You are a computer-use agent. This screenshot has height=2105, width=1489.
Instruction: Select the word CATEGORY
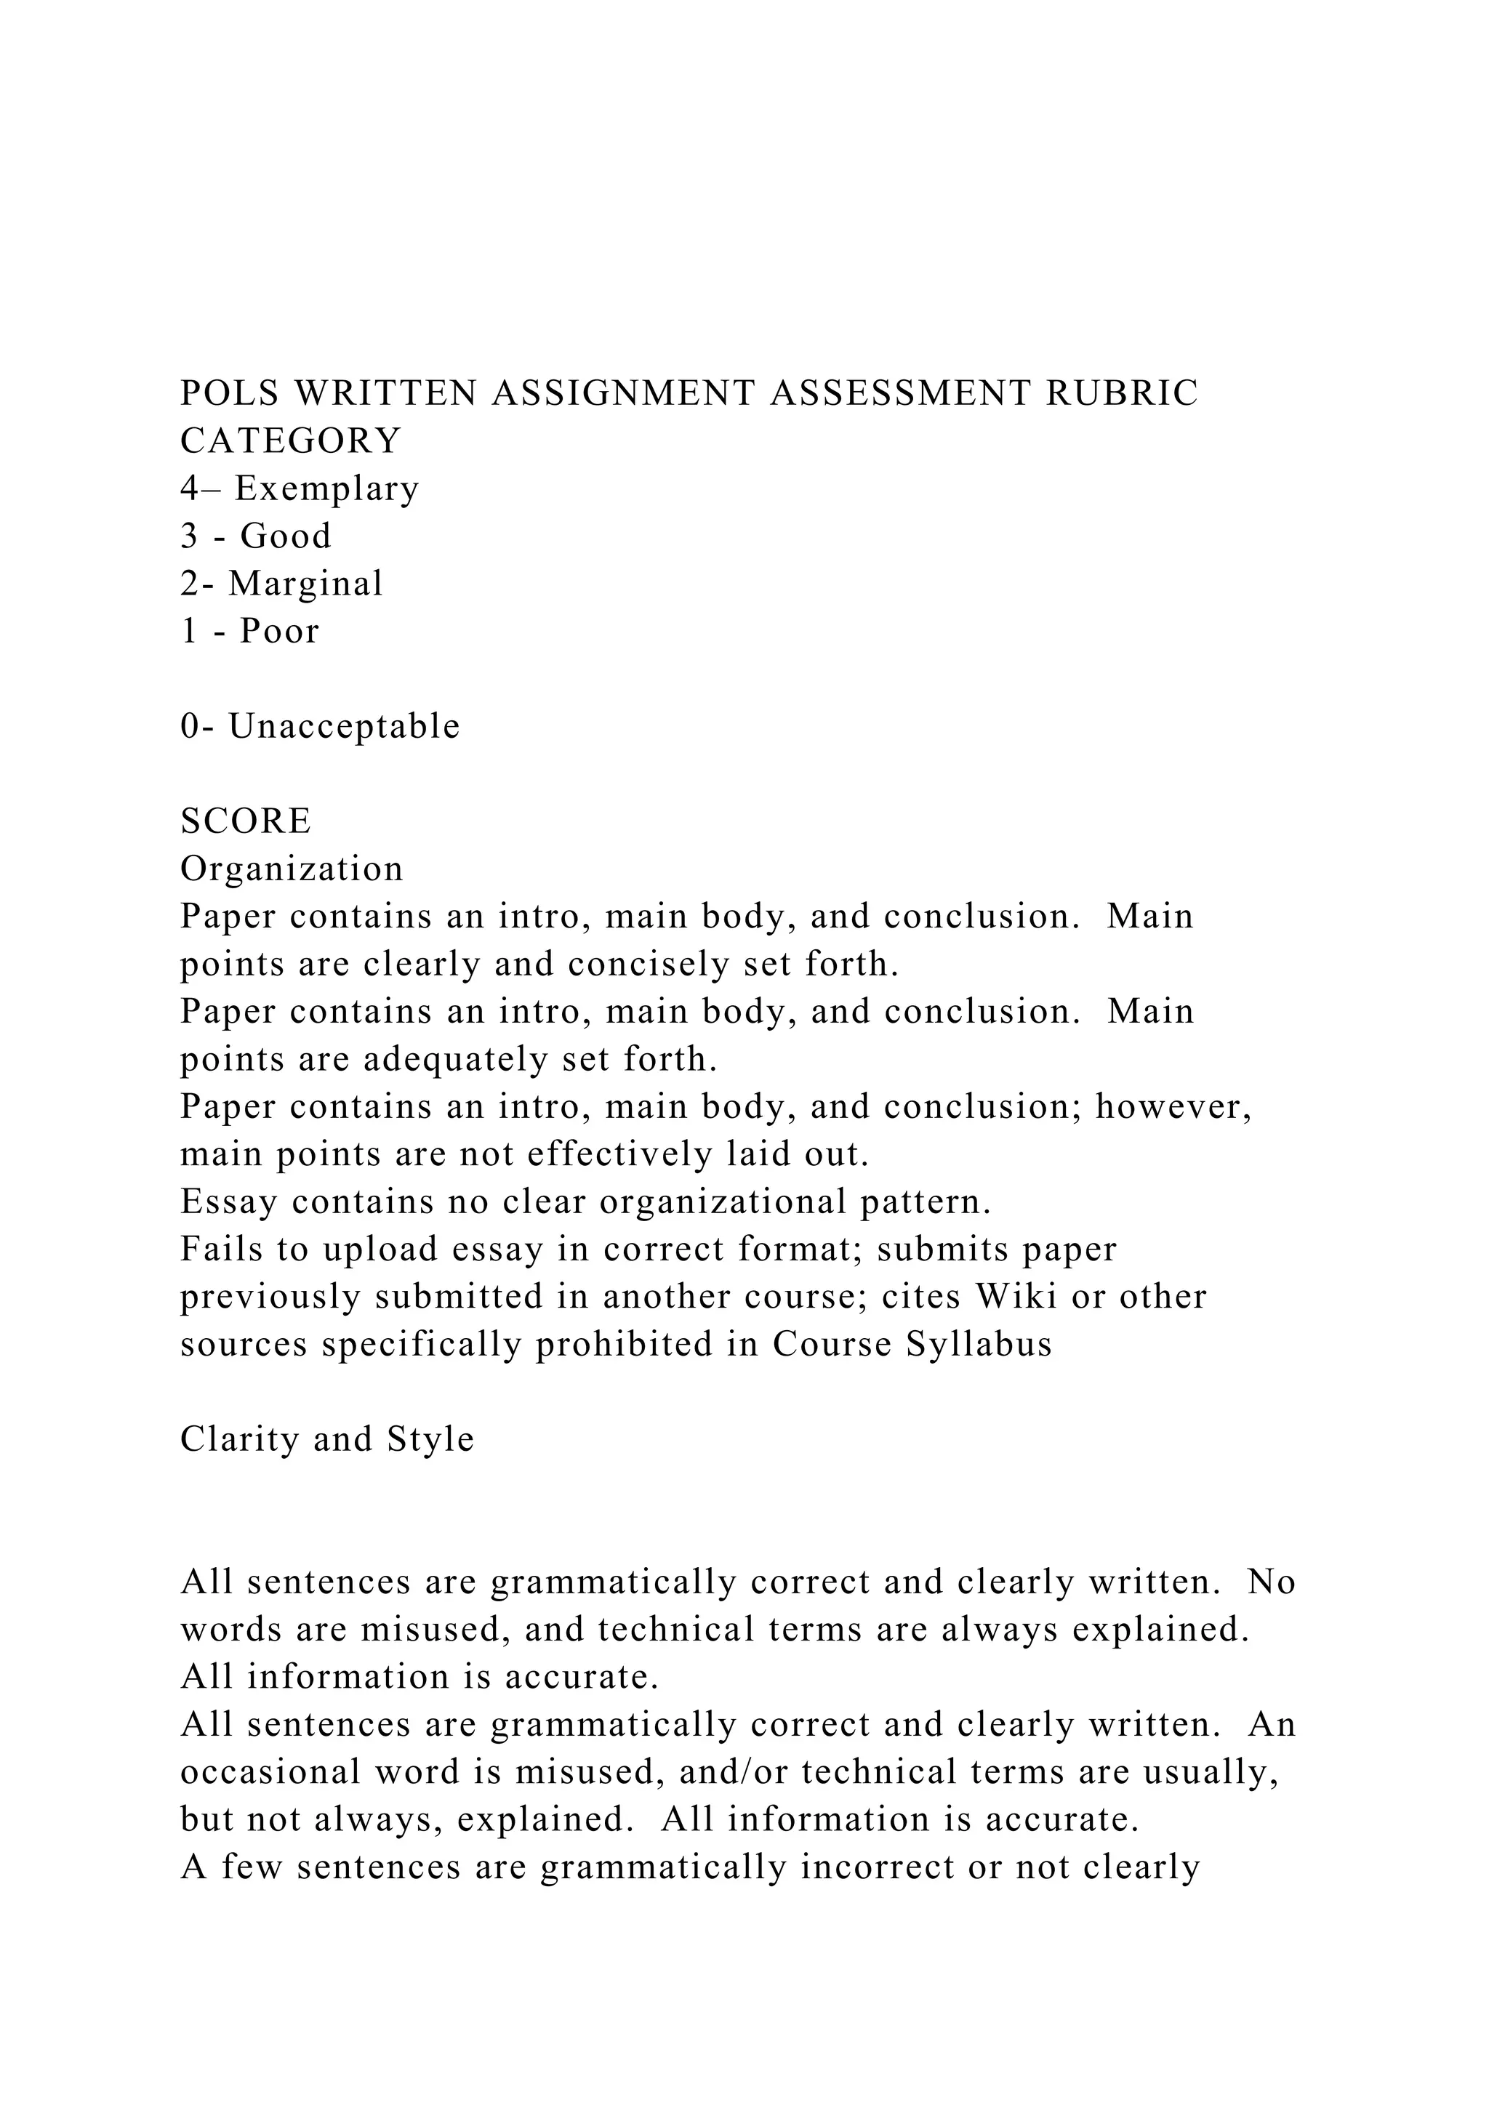click(x=291, y=441)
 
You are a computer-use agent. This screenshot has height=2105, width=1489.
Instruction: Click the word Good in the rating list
click(x=285, y=536)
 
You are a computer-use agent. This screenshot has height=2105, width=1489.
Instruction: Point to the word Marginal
click(x=305, y=584)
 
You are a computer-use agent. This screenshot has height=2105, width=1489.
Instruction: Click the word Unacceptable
click(x=344, y=727)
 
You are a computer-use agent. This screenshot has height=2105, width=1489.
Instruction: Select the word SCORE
click(x=246, y=821)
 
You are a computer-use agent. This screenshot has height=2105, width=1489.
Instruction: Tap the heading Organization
click(x=292, y=869)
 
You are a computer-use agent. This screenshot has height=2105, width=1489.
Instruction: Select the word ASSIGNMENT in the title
click(x=624, y=393)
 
